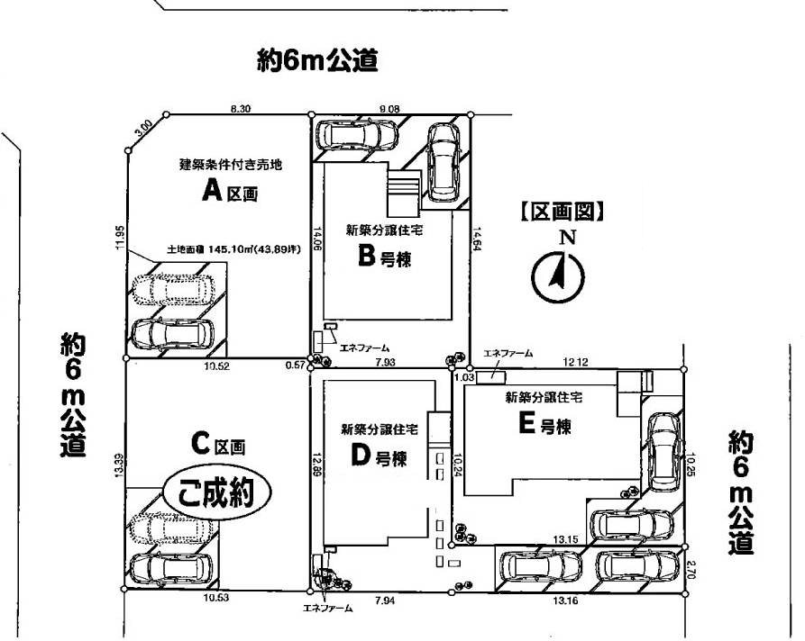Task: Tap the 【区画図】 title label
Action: point(560,212)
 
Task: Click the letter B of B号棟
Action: point(366,257)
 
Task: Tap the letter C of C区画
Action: point(200,444)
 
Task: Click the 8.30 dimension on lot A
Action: point(240,108)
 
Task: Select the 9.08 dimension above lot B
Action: point(390,108)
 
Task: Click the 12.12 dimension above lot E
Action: point(577,362)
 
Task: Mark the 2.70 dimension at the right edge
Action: point(691,569)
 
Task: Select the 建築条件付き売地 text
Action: point(231,165)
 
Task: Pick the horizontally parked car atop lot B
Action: point(359,135)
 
